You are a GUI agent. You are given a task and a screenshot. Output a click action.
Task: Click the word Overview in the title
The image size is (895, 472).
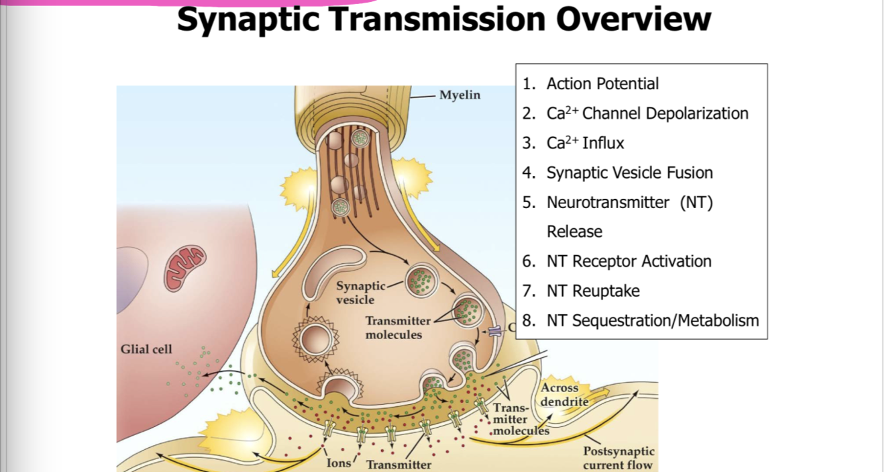pos(633,19)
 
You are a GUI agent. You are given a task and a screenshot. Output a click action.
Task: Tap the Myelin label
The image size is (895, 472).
pos(460,95)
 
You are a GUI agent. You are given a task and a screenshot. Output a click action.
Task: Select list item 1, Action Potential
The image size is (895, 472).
pos(602,84)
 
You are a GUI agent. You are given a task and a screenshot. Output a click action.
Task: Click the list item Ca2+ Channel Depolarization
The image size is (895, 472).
pos(647,113)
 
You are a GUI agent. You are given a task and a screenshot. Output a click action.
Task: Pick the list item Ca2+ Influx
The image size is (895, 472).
pos(585,143)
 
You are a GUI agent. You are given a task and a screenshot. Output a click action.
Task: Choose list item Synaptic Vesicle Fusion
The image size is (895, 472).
pos(629,173)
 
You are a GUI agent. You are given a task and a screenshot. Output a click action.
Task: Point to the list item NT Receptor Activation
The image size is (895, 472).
pos(629,261)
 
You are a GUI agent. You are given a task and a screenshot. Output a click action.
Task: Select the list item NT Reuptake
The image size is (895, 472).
pos(593,291)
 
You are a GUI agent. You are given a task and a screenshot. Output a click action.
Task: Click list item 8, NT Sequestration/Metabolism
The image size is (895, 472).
pos(652,320)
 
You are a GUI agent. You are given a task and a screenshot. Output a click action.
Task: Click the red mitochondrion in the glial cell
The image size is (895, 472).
pos(185,267)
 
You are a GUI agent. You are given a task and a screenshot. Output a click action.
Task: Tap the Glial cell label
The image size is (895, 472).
pos(146,349)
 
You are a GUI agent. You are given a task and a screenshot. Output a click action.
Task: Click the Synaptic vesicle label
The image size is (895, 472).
pos(360,293)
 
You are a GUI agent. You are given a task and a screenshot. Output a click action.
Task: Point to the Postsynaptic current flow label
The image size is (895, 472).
pos(618,458)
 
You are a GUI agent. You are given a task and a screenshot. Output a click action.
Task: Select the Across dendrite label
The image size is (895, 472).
pos(564,395)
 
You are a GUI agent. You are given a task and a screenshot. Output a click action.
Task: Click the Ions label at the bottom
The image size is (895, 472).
pos(339,463)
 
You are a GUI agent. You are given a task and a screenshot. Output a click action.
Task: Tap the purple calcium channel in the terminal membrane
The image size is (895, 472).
pos(494,331)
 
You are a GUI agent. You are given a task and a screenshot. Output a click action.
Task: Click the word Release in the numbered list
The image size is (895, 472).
pos(574,232)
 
